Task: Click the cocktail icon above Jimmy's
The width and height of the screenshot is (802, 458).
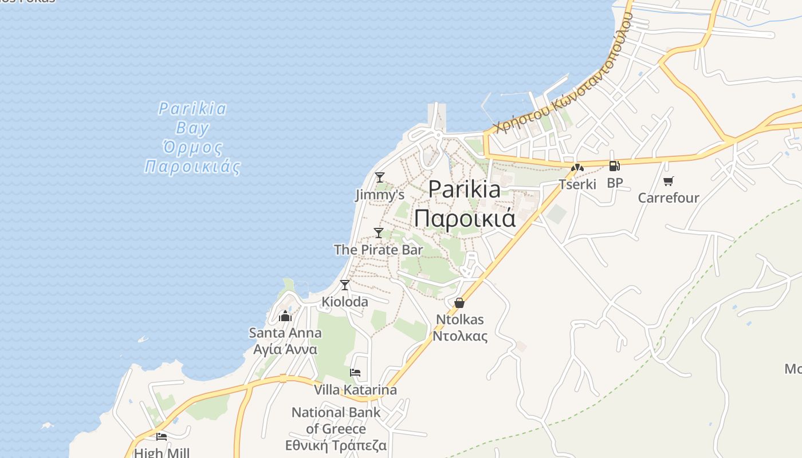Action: tap(379, 177)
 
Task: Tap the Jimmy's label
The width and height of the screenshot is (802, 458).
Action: tap(376, 195)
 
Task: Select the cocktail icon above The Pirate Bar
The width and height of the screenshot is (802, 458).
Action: tap(379, 232)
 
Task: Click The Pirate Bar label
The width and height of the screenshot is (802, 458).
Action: tap(378, 250)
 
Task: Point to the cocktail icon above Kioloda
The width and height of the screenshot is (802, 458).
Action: tap(345, 285)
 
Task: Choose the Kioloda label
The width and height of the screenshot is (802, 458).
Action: tap(345, 302)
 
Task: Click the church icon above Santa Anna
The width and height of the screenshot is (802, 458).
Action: tap(285, 315)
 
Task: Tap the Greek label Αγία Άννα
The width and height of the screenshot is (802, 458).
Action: tap(285, 349)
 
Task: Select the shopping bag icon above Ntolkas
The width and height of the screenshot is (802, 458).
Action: tap(459, 303)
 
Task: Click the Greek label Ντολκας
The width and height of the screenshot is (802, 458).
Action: tap(460, 336)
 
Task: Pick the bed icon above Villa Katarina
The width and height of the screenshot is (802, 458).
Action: tap(355, 373)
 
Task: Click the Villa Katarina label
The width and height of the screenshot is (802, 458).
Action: tap(355, 390)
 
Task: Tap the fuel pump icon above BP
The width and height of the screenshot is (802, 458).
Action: tap(614, 167)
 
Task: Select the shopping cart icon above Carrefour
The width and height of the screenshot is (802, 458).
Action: tap(668, 181)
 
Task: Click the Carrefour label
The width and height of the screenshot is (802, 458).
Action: tap(669, 198)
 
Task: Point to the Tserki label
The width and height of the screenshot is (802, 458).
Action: tap(577, 184)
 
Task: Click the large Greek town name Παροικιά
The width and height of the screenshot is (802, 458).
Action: tap(465, 219)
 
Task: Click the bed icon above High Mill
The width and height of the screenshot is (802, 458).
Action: tap(162, 437)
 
